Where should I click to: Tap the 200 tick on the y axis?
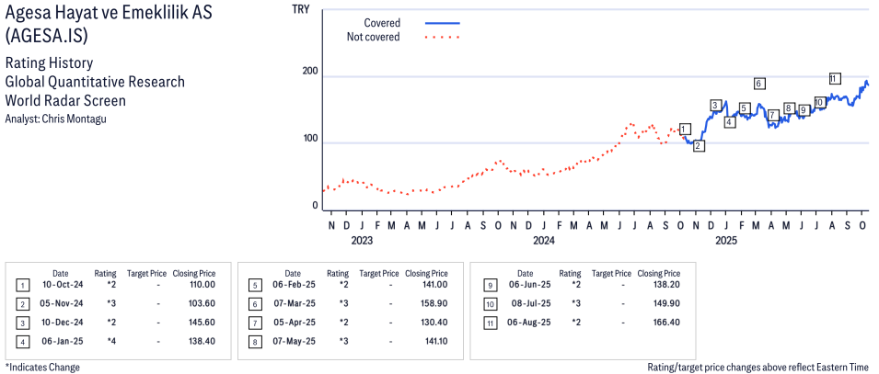[x=309, y=73]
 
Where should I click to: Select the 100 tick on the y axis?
[x=309, y=140]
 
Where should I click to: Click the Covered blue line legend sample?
[x=442, y=22]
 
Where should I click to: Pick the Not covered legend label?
[x=373, y=37]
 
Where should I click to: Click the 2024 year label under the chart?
[x=543, y=242]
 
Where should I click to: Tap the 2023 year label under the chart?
[x=362, y=242]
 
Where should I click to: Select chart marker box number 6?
[x=759, y=84]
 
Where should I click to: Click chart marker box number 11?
[x=834, y=78]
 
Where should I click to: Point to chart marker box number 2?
[x=700, y=146]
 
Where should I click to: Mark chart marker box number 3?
[x=715, y=106]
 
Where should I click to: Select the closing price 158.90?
[x=427, y=303]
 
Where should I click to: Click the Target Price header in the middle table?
[x=379, y=273]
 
